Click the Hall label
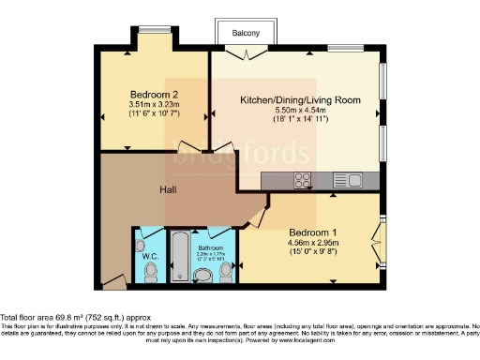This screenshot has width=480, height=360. (169, 189)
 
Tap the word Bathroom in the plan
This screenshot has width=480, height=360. (201, 247)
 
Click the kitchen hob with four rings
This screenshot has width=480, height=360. (304, 180)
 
